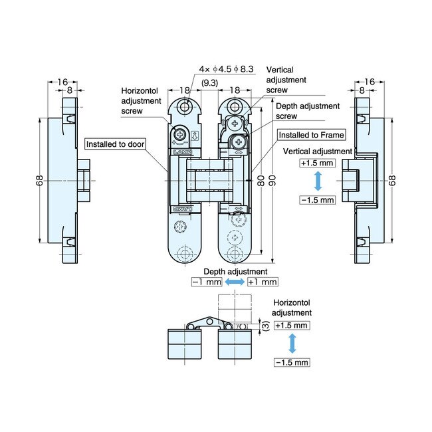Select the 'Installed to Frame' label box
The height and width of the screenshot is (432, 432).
(311, 135)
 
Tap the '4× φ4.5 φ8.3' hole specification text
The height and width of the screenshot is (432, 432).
(225, 69)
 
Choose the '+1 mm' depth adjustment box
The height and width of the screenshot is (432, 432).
(261, 282)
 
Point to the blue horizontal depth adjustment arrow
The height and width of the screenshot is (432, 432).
(234, 282)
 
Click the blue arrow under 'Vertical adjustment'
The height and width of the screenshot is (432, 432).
(318, 181)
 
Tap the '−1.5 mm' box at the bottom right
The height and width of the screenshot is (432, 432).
(291, 362)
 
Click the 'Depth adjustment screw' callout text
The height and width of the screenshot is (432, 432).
(307, 110)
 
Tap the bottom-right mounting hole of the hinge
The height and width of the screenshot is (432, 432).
(234, 256)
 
